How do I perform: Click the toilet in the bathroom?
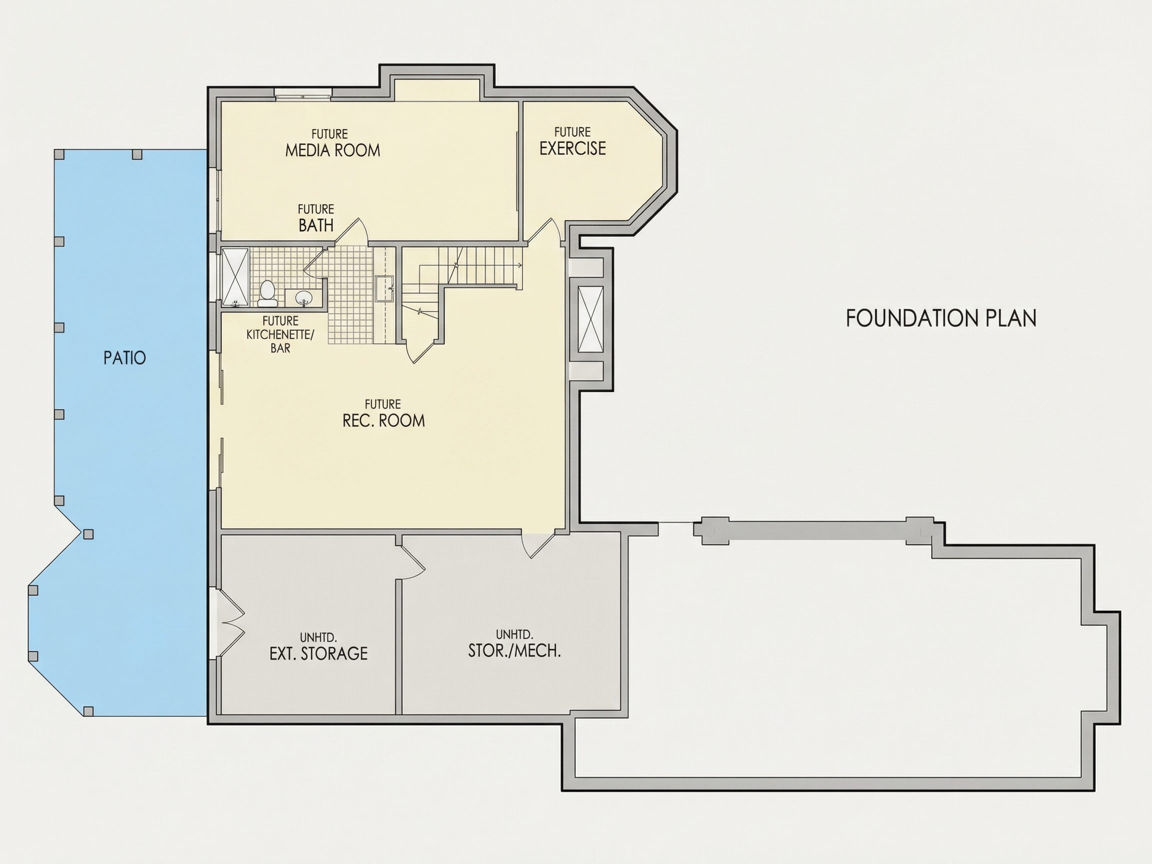pyautogui.click(x=267, y=293)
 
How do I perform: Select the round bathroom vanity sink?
pyautogui.click(x=303, y=298)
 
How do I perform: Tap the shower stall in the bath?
pyautogui.click(x=235, y=277)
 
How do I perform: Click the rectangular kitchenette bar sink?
pyautogui.click(x=385, y=288)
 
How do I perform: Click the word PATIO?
pyautogui.click(x=124, y=358)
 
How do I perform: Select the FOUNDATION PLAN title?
pyautogui.click(x=941, y=318)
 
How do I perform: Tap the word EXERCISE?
pyautogui.click(x=572, y=148)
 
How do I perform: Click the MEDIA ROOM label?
pyautogui.click(x=333, y=150)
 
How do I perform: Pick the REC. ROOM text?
pyautogui.click(x=384, y=420)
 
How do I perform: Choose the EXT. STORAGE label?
pyautogui.click(x=318, y=653)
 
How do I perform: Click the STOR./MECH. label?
pyautogui.click(x=514, y=651)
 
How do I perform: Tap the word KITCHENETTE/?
pyautogui.click(x=280, y=334)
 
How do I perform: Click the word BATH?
pyautogui.click(x=315, y=225)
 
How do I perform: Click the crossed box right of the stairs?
pyautogui.click(x=590, y=318)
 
